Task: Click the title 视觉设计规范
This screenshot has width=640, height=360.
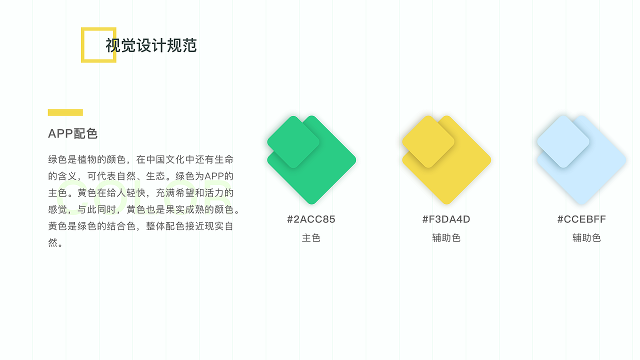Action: point(151,45)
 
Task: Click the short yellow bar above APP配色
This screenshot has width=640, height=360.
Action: point(65,112)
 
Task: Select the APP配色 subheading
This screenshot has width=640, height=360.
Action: point(72,133)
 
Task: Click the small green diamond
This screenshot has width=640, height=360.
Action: point(293,142)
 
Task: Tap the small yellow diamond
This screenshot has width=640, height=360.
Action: point(428,142)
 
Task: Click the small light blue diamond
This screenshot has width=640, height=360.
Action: point(563,142)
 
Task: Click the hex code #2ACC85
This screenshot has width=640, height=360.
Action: point(311,219)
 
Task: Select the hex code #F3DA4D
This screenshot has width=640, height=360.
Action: point(446,219)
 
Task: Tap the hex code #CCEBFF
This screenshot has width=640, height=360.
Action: point(581,219)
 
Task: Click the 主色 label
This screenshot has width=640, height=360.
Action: point(311,238)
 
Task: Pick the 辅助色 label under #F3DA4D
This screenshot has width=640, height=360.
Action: point(446,238)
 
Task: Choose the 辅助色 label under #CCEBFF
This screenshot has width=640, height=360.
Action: point(586,238)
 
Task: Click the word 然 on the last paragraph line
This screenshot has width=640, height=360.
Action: point(53,243)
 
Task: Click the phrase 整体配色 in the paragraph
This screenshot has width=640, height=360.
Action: point(165,226)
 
